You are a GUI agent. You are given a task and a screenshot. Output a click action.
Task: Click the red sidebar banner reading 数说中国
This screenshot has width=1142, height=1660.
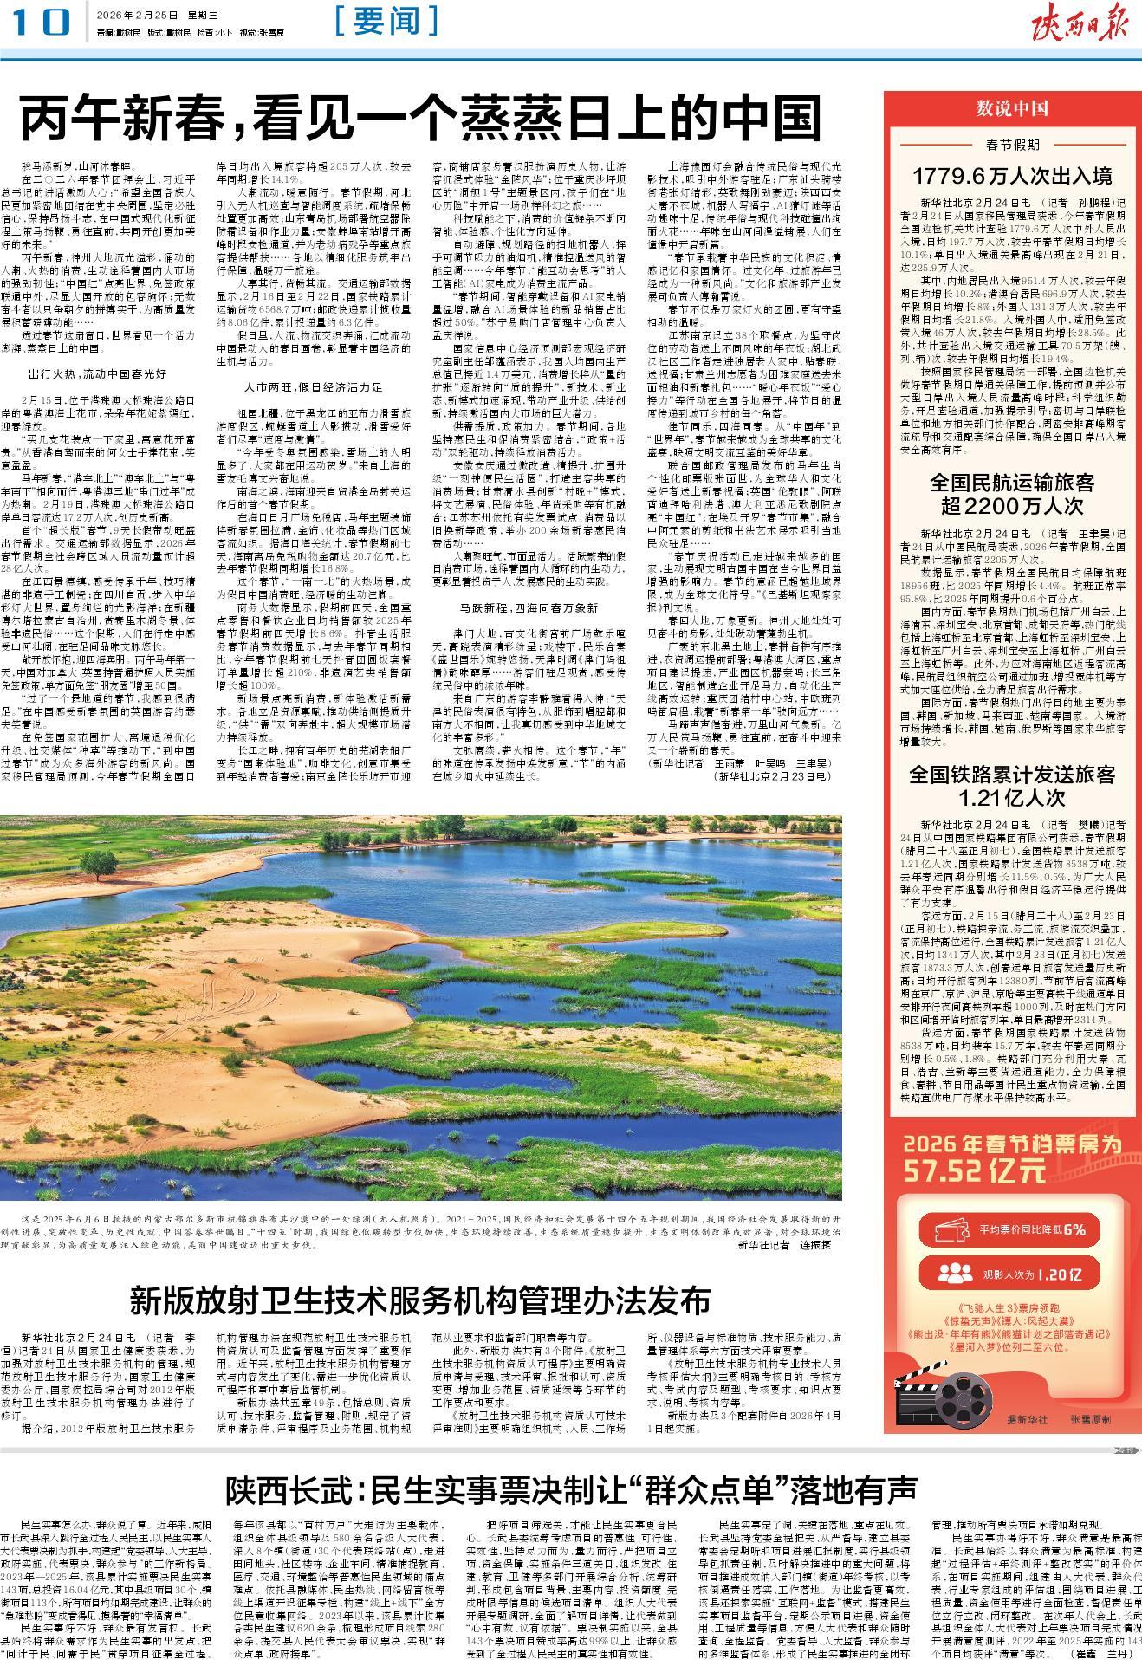[x=1012, y=108]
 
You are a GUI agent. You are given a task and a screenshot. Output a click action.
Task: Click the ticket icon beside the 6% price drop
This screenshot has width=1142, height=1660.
[x=957, y=1229]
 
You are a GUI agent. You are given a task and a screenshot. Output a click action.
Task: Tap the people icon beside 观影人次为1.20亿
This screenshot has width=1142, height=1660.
[x=957, y=1274]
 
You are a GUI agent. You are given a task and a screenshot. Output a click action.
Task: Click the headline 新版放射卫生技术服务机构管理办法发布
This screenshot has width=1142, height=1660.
[x=419, y=1300]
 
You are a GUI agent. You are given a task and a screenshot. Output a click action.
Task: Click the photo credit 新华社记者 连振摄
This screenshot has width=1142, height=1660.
[x=783, y=1245]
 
